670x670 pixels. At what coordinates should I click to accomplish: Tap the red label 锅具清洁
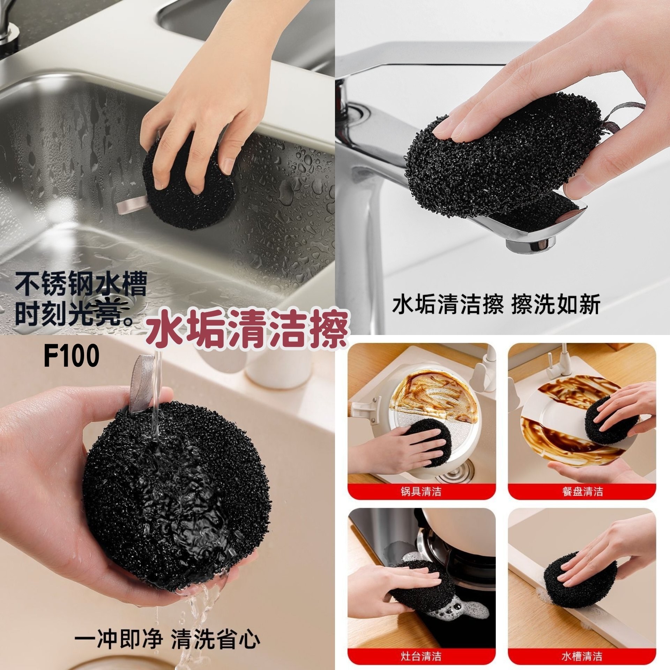pyautogui.click(x=421, y=492)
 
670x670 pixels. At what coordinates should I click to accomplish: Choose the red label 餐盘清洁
pyautogui.click(x=582, y=492)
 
